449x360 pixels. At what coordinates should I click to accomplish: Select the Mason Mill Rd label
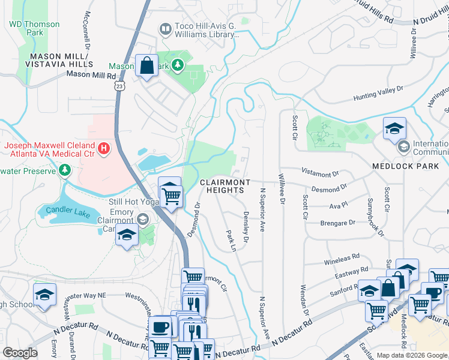tap(91, 75)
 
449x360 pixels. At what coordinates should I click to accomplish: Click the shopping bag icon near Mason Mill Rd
tap(146, 65)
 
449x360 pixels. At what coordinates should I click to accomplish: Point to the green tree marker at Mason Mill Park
tap(178, 65)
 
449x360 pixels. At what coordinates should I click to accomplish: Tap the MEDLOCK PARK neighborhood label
tap(409, 166)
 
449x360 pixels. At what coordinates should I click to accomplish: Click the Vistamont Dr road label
tap(320, 174)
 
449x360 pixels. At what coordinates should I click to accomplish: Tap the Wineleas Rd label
tap(341, 262)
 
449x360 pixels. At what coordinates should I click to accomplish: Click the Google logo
tap(20, 353)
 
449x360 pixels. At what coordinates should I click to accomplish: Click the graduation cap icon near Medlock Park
tap(394, 128)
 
